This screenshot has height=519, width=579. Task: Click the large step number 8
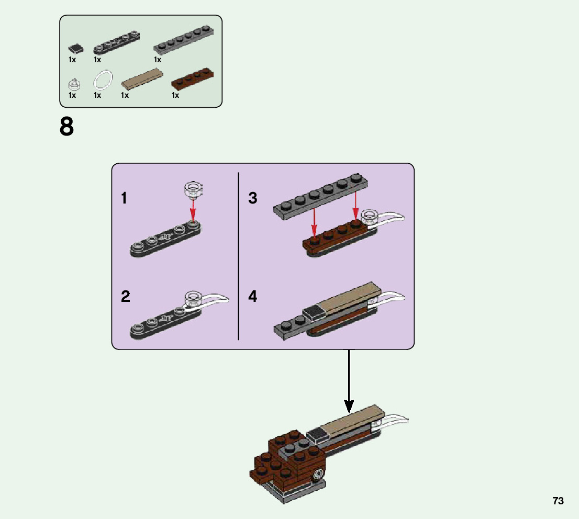tap(67, 127)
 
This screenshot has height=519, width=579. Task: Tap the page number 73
tap(558, 501)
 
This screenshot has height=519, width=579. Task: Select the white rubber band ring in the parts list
tap(103, 80)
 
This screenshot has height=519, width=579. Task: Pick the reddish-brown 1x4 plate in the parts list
tap(192, 78)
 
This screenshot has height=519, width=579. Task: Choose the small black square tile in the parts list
tap(76, 49)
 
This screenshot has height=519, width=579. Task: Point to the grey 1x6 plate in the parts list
tap(184, 40)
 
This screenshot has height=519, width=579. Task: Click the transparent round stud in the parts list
tap(74, 84)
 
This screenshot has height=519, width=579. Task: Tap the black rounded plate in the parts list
tap(117, 43)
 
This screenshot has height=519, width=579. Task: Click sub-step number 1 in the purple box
tap(124, 198)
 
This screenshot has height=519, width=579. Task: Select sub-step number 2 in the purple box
tap(126, 297)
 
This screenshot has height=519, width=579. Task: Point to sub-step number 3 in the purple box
tap(252, 198)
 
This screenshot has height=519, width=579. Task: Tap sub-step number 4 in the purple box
tap(252, 297)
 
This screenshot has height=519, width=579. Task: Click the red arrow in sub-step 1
tap(193, 209)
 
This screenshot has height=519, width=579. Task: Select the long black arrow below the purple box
tap(349, 381)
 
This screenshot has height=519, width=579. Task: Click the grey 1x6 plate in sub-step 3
tap(320, 196)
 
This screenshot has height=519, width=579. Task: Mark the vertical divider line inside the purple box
tap(239, 256)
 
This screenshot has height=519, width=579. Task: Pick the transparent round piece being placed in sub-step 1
tap(194, 189)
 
